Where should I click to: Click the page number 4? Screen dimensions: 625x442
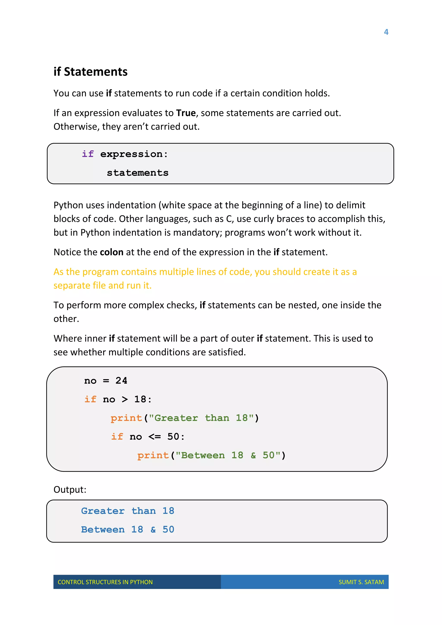coord(386,32)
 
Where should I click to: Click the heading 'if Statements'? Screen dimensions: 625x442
coord(90,72)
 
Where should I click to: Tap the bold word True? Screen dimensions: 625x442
coord(186,113)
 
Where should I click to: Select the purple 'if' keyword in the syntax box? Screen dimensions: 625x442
coord(88,154)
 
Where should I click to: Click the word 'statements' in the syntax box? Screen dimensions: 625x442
coord(137,173)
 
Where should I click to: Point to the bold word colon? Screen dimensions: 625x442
coord(112,252)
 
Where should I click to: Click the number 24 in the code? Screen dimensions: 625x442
coord(121,380)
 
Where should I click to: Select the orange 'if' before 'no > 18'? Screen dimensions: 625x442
coord(90,399)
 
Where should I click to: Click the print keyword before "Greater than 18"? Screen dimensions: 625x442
coord(126,418)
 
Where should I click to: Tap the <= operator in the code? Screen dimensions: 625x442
coord(155,437)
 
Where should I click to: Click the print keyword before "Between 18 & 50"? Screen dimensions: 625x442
coord(153,455)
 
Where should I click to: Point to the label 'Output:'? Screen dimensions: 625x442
coord(70,490)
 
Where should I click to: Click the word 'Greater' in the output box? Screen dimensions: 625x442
coord(103,511)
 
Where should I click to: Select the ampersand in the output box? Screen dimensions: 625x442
coord(153,530)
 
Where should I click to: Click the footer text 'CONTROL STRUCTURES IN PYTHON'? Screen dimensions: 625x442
coord(105,582)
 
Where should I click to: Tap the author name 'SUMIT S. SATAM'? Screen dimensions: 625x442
coord(361,582)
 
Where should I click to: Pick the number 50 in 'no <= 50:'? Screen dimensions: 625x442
coord(173,437)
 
